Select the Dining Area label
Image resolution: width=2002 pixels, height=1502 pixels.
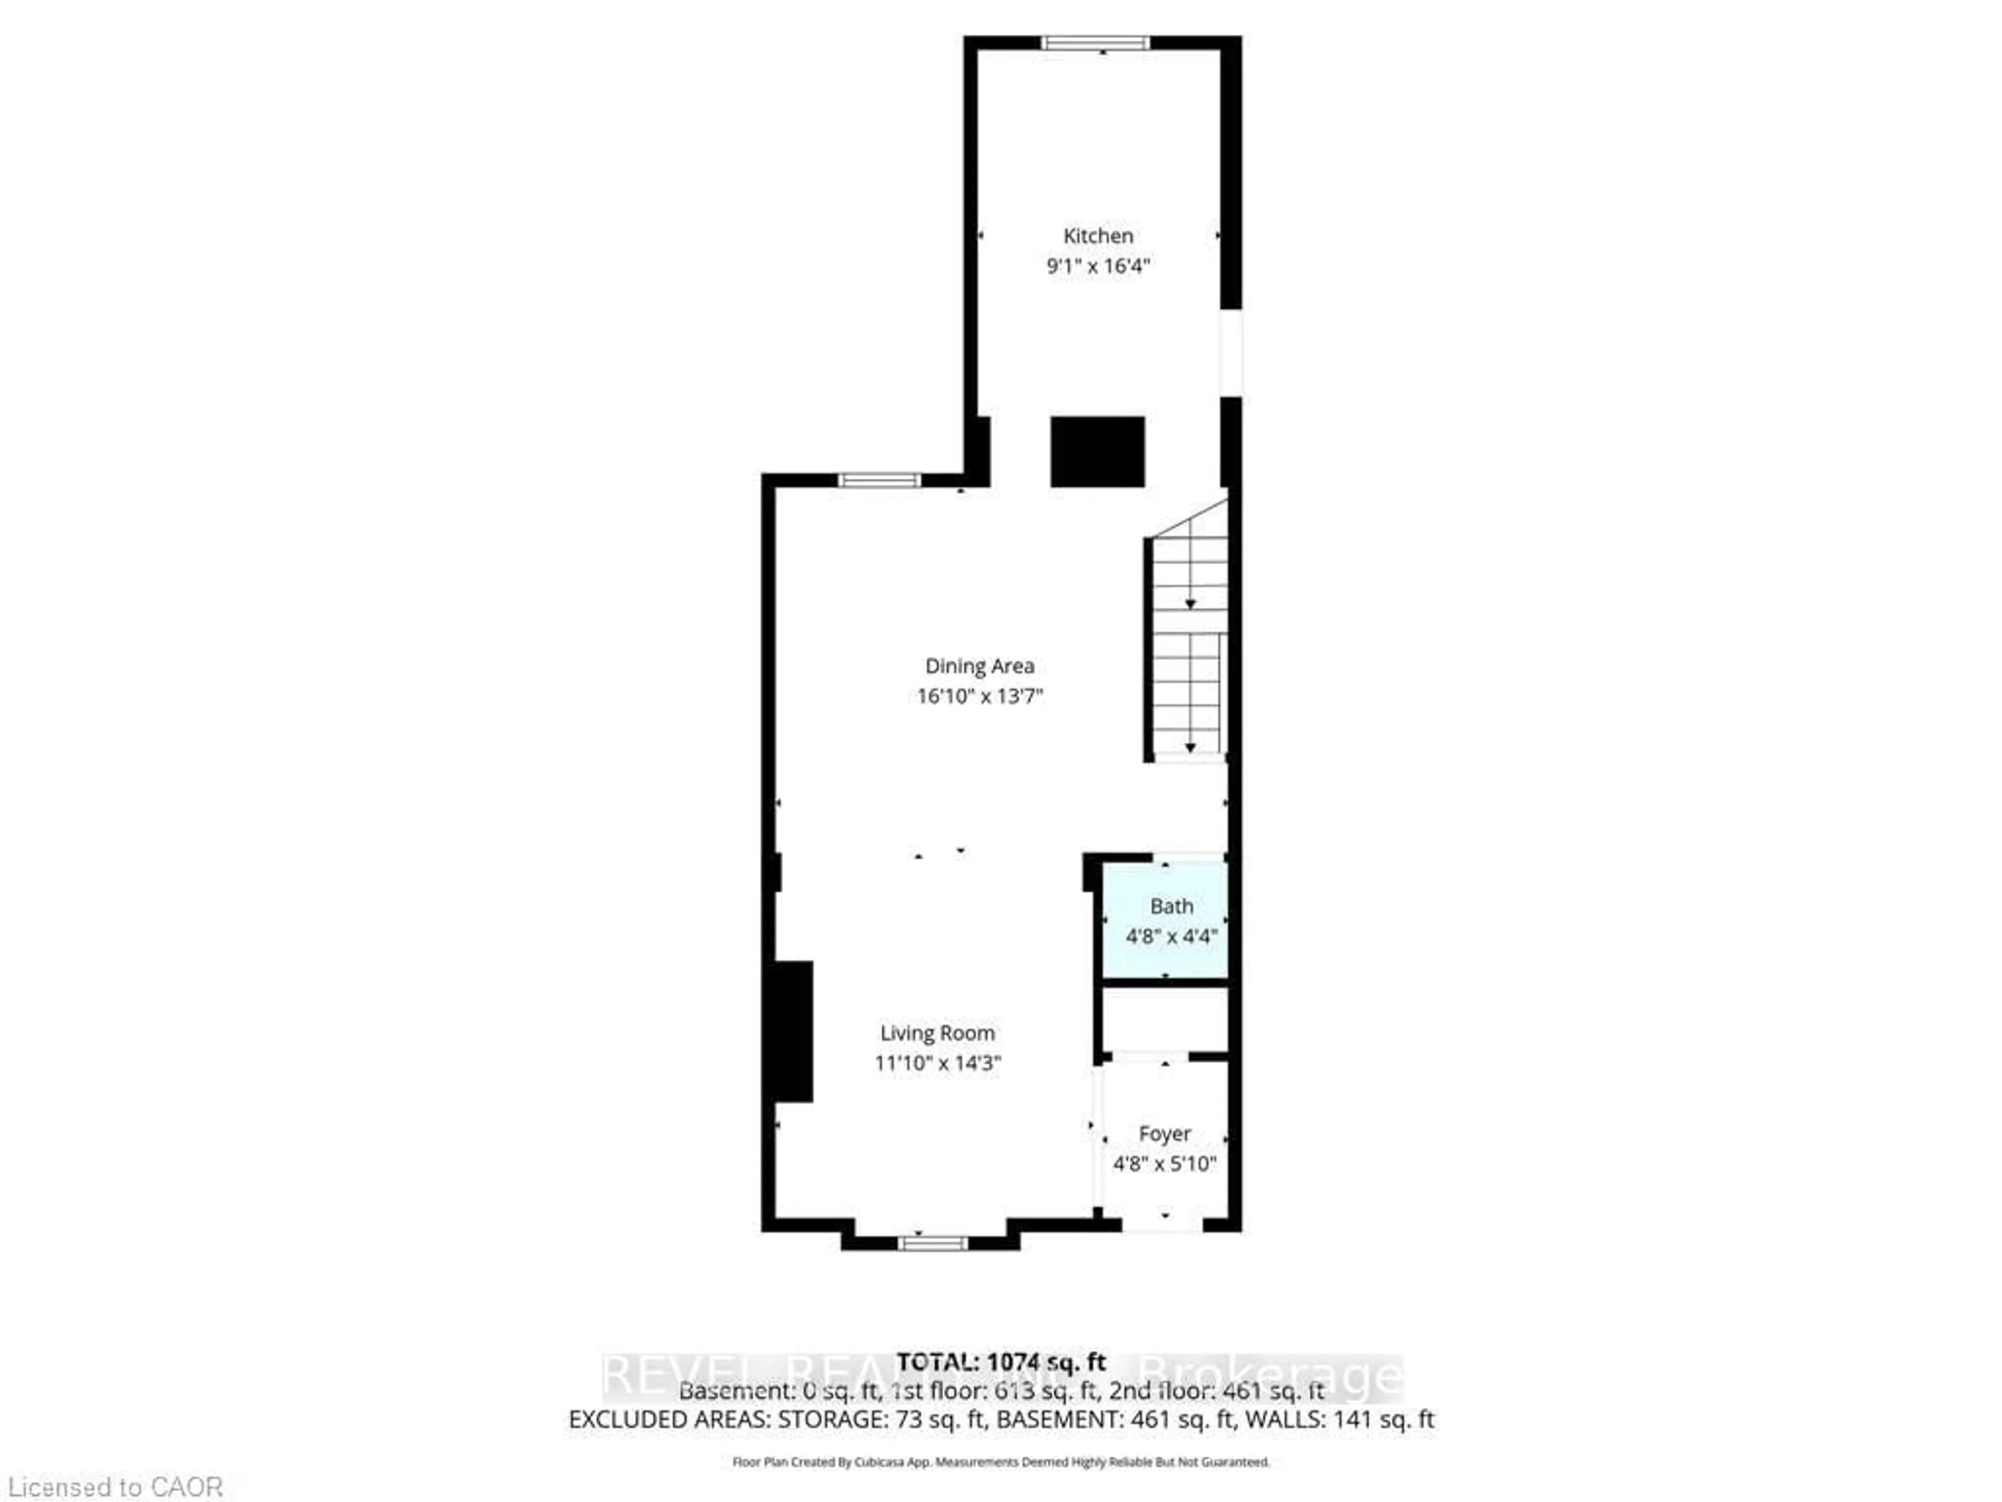tap(979, 667)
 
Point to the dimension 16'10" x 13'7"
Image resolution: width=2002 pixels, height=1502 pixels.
tap(979, 696)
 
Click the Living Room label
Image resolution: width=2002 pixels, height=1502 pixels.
tap(937, 1033)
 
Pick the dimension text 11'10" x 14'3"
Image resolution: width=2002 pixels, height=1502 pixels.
tap(937, 1063)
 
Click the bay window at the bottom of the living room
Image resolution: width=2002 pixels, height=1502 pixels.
tap(932, 1244)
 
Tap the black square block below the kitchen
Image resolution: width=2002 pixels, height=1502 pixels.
tap(1097, 452)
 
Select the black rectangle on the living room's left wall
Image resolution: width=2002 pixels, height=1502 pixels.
tap(790, 1031)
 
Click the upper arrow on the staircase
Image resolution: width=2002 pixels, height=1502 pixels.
tap(1190, 604)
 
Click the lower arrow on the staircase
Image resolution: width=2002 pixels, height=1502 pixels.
tap(1190, 748)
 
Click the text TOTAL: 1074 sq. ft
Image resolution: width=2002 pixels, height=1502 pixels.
tap(1001, 1362)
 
